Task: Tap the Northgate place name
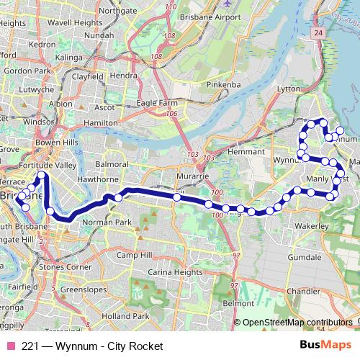[x=117, y=11]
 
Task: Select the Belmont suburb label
[x=239, y=304]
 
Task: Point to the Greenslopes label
[x=83, y=289]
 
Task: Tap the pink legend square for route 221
[x=10, y=346]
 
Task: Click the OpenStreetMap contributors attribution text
[x=299, y=322]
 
